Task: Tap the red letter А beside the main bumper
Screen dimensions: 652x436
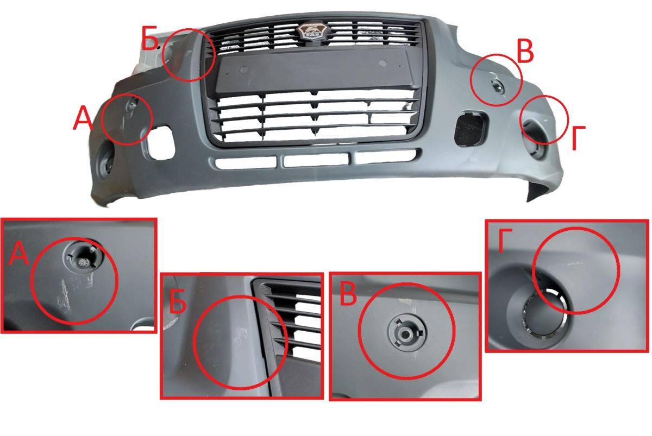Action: [83, 117]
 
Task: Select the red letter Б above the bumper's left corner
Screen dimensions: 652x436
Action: [149, 38]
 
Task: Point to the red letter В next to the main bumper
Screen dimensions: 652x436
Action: [525, 51]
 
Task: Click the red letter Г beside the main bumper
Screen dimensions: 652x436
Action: [579, 137]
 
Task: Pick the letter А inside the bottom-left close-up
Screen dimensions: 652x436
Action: [19, 254]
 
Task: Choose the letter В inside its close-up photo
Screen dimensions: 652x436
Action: [348, 294]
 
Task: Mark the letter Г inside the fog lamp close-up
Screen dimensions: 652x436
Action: [505, 241]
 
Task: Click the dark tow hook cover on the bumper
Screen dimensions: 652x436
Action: [469, 128]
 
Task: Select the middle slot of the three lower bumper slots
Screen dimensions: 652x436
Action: [316, 160]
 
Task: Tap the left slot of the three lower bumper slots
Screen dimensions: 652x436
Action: [246, 162]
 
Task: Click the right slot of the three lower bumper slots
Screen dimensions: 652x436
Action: [386, 156]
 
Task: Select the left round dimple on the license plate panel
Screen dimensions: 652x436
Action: [244, 70]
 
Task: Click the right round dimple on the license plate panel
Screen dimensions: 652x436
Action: [383, 63]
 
